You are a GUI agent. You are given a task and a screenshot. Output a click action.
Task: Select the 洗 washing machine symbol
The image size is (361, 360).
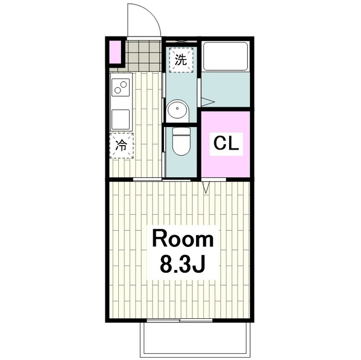[180, 60]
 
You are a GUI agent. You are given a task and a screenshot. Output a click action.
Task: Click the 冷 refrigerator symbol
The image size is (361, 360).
[121, 145]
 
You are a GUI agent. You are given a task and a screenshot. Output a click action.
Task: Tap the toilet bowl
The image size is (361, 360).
[180, 142]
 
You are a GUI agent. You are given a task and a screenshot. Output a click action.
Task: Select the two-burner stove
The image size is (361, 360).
[121, 88]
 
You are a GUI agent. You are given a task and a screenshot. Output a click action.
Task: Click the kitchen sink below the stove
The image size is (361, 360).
[121, 119]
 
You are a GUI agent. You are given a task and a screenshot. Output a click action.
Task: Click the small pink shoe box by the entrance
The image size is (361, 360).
[115, 52]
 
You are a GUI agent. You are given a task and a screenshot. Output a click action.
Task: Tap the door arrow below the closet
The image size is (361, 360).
[206, 187]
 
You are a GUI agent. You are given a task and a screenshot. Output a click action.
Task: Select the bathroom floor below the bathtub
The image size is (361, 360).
[225, 90]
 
